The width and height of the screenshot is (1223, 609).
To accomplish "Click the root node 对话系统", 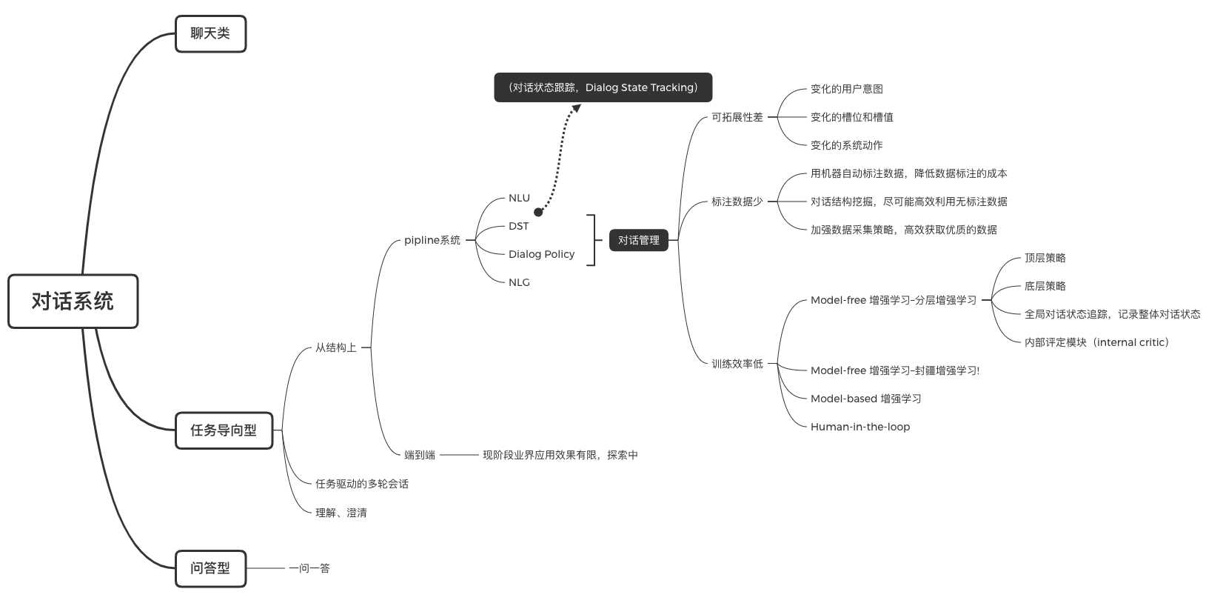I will [x=73, y=301].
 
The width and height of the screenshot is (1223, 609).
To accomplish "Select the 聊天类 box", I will [x=210, y=33].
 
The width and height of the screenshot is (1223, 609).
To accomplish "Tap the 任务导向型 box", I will [x=224, y=430].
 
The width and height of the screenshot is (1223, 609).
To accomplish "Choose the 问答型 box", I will [x=210, y=568].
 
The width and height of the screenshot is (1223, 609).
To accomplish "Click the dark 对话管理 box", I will [x=638, y=240].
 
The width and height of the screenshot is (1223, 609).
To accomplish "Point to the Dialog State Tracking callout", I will [x=603, y=87].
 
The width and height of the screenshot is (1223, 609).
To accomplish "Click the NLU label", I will [x=519, y=198].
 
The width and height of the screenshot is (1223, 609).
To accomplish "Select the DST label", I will [x=518, y=226].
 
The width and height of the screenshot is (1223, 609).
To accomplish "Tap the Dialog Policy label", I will [x=541, y=254].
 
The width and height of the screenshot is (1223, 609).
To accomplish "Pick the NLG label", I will [x=519, y=282].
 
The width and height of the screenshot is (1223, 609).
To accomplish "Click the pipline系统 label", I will [x=432, y=240].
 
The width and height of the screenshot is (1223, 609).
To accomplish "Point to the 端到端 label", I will [x=419, y=455].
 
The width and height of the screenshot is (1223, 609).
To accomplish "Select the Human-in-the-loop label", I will [x=860, y=427].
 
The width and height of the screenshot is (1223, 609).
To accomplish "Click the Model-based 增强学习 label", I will [x=865, y=399].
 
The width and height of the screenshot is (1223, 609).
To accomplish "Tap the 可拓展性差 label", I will [x=737, y=117].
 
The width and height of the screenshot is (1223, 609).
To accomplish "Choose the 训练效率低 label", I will [x=737, y=364].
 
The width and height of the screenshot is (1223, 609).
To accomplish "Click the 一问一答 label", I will [x=309, y=568].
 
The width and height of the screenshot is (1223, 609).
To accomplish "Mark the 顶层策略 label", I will [x=1045, y=258].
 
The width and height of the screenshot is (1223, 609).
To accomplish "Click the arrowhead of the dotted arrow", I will [x=575, y=109].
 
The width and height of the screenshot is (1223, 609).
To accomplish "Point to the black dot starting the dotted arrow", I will [x=538, y=212].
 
